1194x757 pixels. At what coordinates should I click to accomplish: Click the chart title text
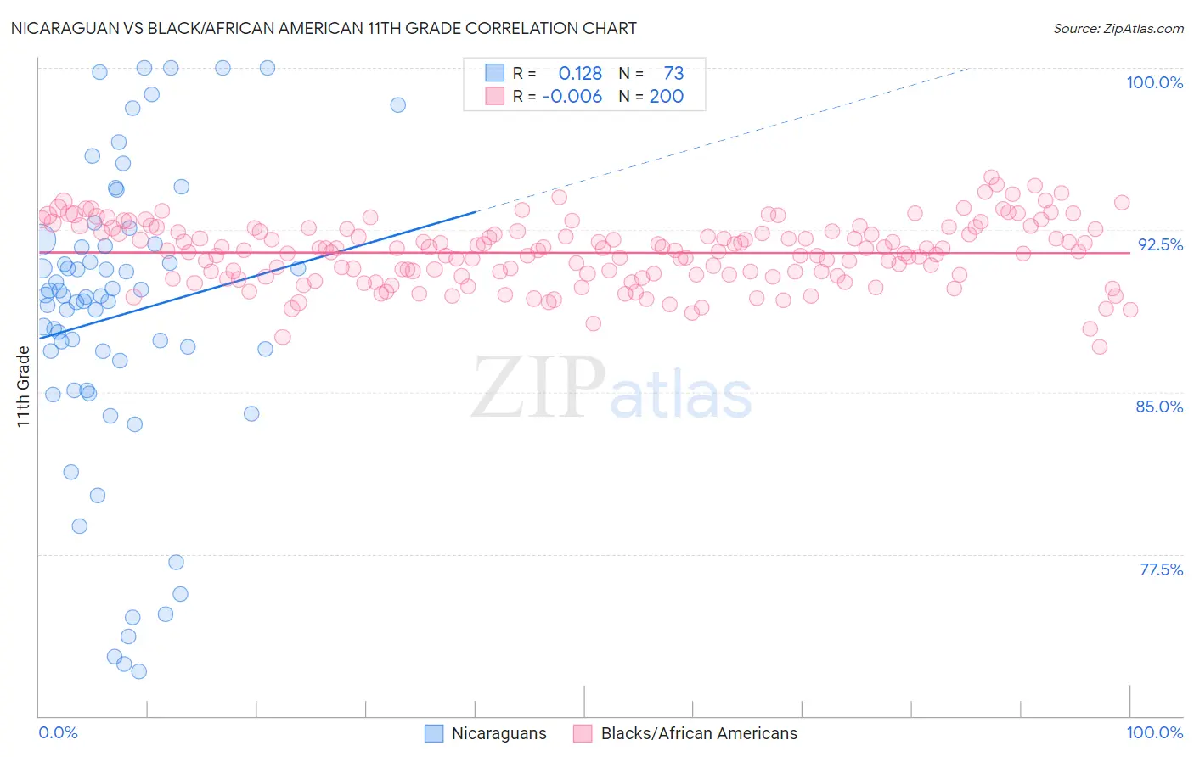click(322, 28)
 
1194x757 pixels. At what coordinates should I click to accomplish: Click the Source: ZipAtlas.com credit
click(1118, 28)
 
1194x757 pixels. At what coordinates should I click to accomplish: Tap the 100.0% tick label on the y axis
click(1154, 82)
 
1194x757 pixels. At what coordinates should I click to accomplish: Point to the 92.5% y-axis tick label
click(1160, 244)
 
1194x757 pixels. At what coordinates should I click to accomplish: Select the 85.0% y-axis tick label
click(1159, 407)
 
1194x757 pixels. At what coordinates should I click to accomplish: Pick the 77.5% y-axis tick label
click(1161, 569)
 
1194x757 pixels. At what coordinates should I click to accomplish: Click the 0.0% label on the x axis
click(58, 732)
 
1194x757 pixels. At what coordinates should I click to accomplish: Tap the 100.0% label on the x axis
click(1154, 732)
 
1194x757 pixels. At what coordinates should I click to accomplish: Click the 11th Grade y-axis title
click(23, 386)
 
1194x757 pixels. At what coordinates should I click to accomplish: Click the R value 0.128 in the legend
click(580, 74)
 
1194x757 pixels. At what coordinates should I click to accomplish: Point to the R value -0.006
click(572, 96)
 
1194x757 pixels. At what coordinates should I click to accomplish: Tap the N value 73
click(673, 74)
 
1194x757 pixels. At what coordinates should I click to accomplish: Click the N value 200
click(667, 96)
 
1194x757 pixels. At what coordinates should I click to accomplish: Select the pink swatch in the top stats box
click(494, 96)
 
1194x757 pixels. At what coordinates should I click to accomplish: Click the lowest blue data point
click(139, 671)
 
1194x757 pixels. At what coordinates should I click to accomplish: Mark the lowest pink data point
click(1099, 346)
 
